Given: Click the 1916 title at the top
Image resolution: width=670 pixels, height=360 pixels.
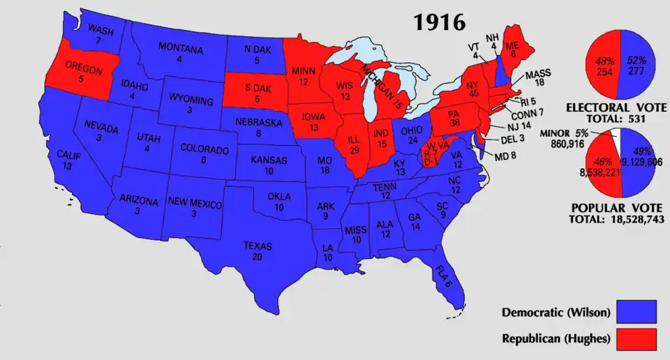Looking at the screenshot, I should (439, 22).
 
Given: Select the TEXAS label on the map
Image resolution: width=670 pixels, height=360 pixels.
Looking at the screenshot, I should (258, 246).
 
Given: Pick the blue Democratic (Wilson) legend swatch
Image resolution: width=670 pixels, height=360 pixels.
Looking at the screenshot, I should (637, 313).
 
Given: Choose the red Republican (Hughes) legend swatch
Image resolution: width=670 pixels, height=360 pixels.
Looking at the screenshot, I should (637, 339).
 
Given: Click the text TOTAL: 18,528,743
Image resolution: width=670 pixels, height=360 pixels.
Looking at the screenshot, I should (616, 219).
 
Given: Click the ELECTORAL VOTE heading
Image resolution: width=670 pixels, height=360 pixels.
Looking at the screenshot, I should (616, 108).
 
